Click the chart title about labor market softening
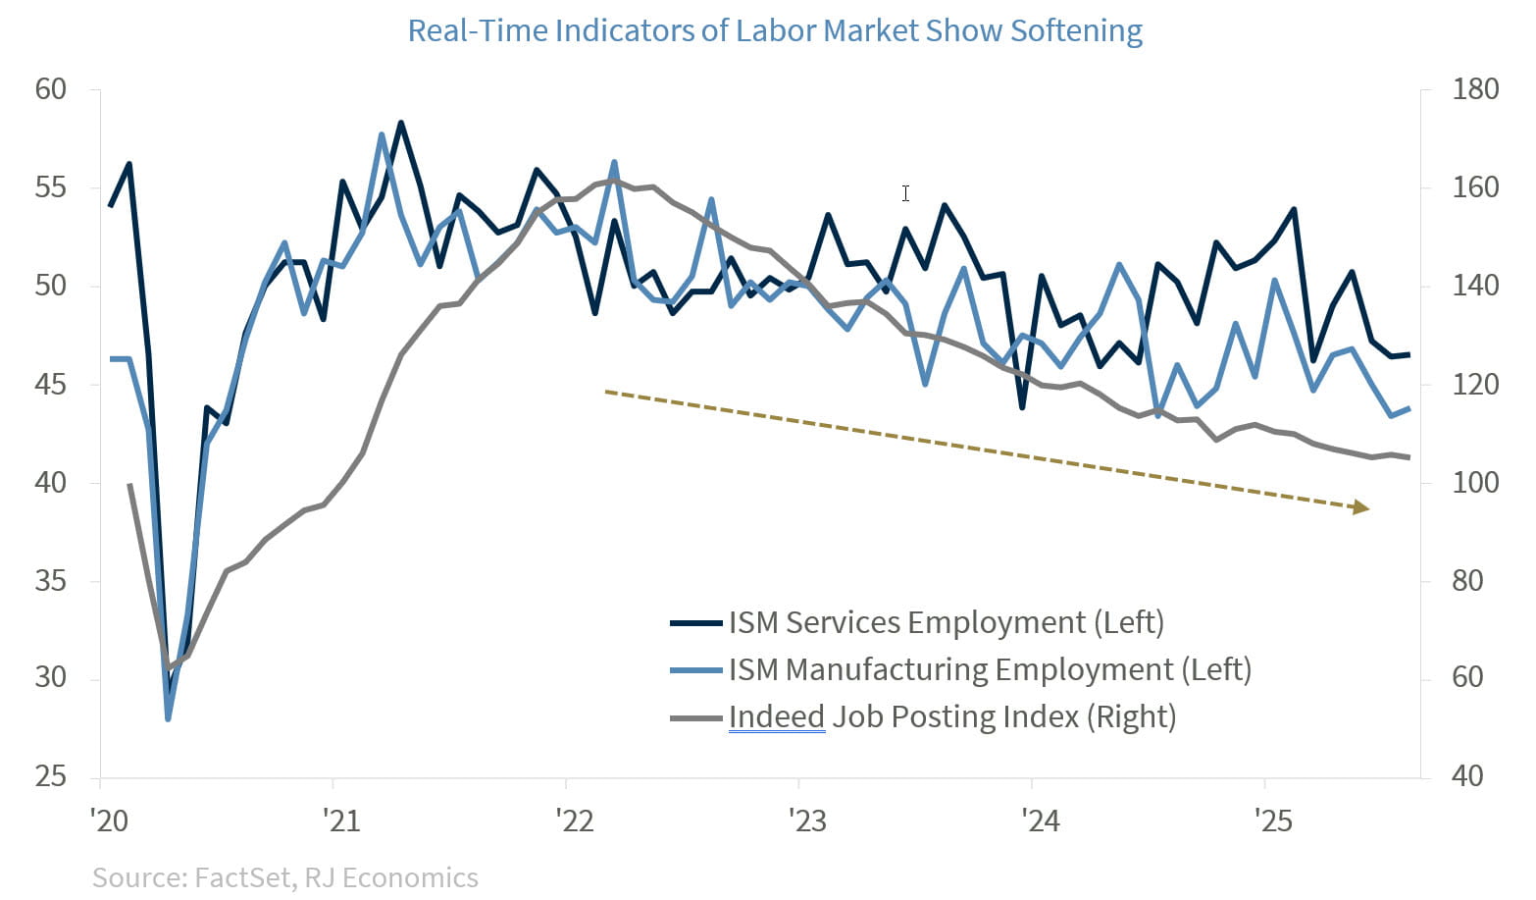click(774, 30)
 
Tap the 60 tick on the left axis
click(51, 89)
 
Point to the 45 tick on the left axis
click(51, 384)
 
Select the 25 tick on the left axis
click(51, 776)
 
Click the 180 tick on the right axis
click(1475, 89)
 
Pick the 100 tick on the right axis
click(1475, 482)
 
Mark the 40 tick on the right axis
click(1467, 776)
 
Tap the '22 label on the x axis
click(574, 820)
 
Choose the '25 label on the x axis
click(1273, 820)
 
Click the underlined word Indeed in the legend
click(776, 716)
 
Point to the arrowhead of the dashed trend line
click(1361, 507)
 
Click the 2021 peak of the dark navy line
click(401, 123)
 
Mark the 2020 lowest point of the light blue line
click(168, 719)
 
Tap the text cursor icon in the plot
click(905, 193)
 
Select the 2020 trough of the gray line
click(169, 667)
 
